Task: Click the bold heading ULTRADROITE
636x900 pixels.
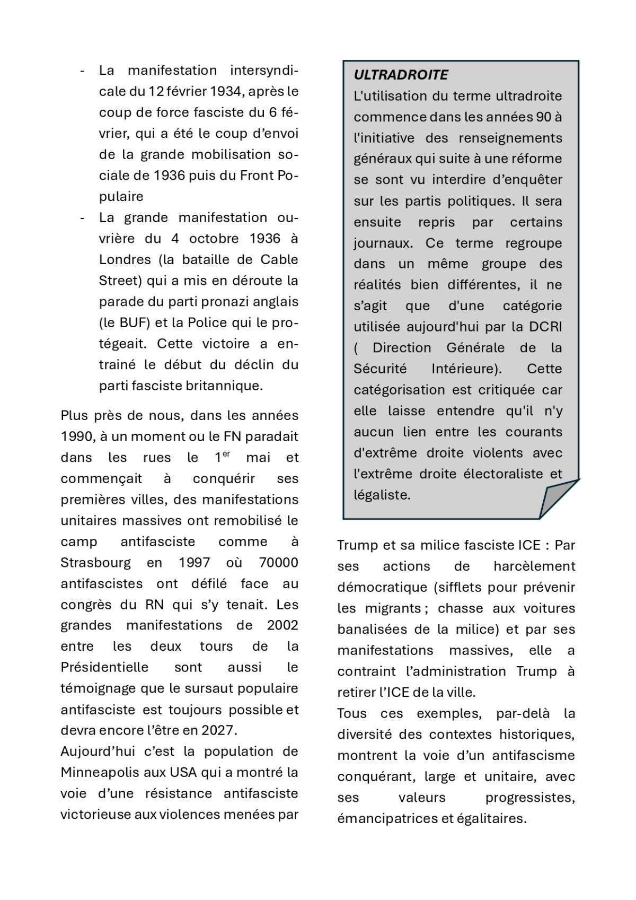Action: (x=401, y=75)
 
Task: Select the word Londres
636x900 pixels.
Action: (x=125, y=259)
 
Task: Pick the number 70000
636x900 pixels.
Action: (x=278, y=562)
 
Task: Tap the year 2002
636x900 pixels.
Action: (x=282, y=625)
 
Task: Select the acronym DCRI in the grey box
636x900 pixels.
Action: (x=545, y=327)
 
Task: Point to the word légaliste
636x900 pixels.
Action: (x=382, y=495)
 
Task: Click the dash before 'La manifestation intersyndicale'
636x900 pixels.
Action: (x=83, y=71)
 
